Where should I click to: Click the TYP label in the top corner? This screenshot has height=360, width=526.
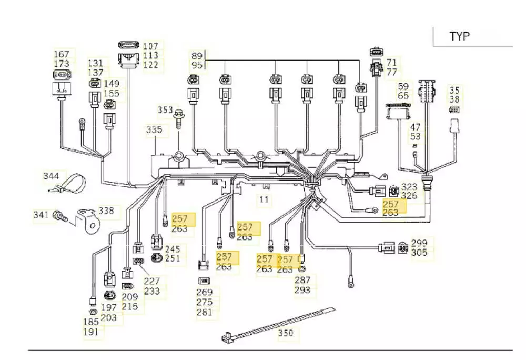pyautogui.click(x=459, y=36)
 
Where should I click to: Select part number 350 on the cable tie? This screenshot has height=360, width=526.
pyautogui.click(x=286, y=333)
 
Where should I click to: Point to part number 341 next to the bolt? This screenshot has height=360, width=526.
pyautogui.click(x=41, y=215)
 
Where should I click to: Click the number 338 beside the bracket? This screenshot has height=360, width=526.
pyautogui.click(x=107, y=211)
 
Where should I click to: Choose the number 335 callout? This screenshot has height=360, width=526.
pyautogui.click(x=154, y=129)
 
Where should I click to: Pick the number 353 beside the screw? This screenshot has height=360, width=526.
pyautogui.click(x=166, y=110)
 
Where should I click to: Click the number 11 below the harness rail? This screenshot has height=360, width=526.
pyautogui.click(x=264, y=199)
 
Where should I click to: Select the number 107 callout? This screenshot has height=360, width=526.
pyautogui.click(x=151, y=46)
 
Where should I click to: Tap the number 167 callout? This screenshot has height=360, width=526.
pyautogui.click(x=62, y=54)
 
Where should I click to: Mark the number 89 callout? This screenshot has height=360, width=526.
pyautogui.click(x=197, y=56)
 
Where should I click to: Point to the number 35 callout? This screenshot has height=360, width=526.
pyautogui.click(x=454, y=89)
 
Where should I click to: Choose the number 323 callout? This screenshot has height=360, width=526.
pyautogui.click(x=409, y=187)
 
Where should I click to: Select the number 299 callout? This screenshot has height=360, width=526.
pyautogui.click(x=419, y=243)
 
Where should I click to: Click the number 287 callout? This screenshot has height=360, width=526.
pyautogui.click(x=302, y=280)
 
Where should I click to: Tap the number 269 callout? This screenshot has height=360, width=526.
pyautogui.click(x=204, y=292)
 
